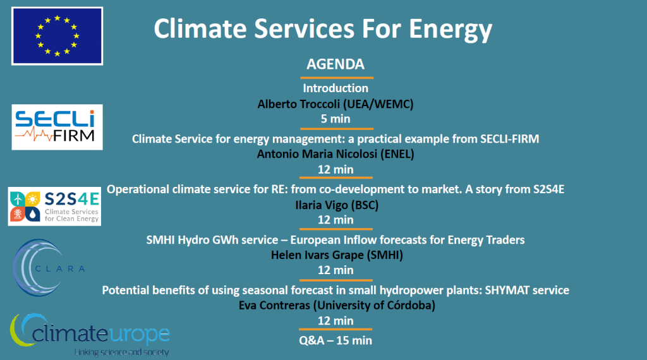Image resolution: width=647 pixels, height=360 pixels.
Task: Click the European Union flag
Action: pos(57,36)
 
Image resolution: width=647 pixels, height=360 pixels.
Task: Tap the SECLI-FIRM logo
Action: pos(57,127)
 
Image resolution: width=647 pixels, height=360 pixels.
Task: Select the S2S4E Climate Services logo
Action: pos(54,206)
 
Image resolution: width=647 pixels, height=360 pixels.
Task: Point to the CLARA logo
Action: pos(49,268)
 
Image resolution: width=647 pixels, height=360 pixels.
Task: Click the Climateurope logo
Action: pos(90,335)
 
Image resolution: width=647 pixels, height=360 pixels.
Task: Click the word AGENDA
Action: pos(336,64)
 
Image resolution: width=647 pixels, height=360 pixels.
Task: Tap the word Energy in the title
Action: pos(450,30)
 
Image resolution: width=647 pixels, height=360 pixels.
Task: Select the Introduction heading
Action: pos(336,88)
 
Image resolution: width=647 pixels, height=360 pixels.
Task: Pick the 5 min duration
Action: pos(336,119)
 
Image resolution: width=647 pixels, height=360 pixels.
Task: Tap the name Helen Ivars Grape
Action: pos(317,255)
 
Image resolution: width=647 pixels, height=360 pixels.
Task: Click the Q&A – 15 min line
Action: pos(336,340)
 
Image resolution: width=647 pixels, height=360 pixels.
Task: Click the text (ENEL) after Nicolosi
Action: pos(397,154)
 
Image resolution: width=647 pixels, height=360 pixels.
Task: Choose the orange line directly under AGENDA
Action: pos(337,78)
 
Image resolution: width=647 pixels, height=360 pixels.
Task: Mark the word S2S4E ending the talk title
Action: pos(548,189)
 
